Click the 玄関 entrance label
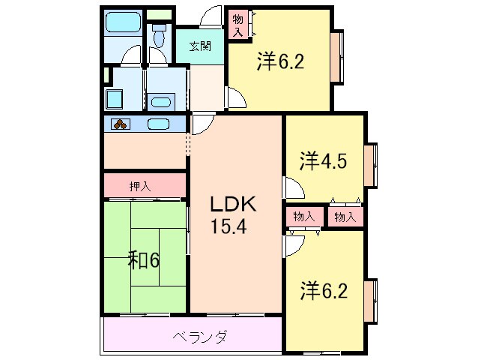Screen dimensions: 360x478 click(x=199, y=46)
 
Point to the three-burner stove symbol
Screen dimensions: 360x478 click(x=122, y=124)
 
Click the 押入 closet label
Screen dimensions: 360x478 click(x=140, y=185)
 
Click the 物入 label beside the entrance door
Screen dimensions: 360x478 click(x=238, y=25)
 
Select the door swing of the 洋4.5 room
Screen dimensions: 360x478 click(x=291, y=187)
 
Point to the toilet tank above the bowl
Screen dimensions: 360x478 click(x=159, y=26)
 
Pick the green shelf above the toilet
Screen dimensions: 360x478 click(x=158, y=15)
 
